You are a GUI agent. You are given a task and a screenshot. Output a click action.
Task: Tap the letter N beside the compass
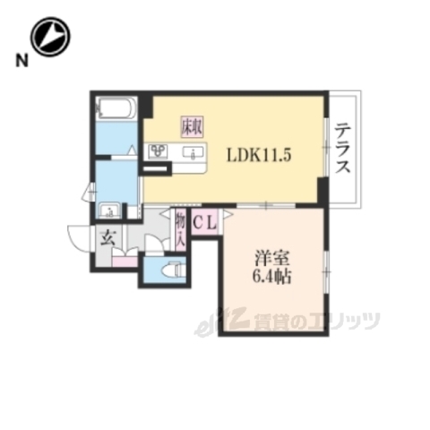point(19,61)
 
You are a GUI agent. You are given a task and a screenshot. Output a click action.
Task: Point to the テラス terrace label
point(343,150)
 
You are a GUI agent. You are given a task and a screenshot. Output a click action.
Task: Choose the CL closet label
point(202,223)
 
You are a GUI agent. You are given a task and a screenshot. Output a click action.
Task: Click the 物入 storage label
point(179,223)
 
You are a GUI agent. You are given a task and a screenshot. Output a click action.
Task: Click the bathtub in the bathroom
point(115,109)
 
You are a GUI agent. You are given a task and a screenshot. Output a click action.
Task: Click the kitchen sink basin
point(192,154)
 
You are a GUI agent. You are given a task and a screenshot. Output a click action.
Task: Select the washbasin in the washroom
point(110,212)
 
